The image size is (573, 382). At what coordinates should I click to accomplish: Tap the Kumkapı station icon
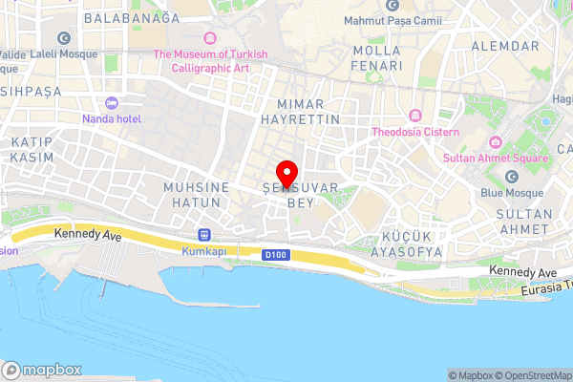203,235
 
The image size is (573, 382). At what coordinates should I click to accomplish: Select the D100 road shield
275,254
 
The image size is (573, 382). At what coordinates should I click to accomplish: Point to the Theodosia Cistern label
415,132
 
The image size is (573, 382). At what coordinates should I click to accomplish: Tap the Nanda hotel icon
112,102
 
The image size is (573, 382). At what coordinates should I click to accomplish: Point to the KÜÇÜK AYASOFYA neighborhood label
412,244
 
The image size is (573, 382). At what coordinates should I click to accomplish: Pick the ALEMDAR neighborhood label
505,46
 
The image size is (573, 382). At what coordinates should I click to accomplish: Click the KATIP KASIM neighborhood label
31,148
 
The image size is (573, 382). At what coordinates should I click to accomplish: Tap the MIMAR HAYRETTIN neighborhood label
300,111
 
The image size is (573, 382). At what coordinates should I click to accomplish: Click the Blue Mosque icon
512,176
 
